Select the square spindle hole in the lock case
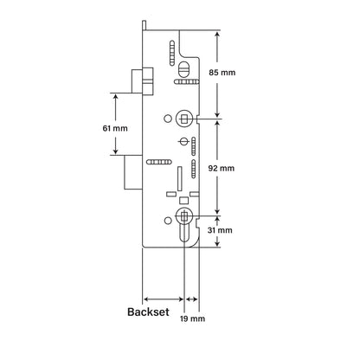click(x=183, y=117)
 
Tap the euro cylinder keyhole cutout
click(x=183, y=227)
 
